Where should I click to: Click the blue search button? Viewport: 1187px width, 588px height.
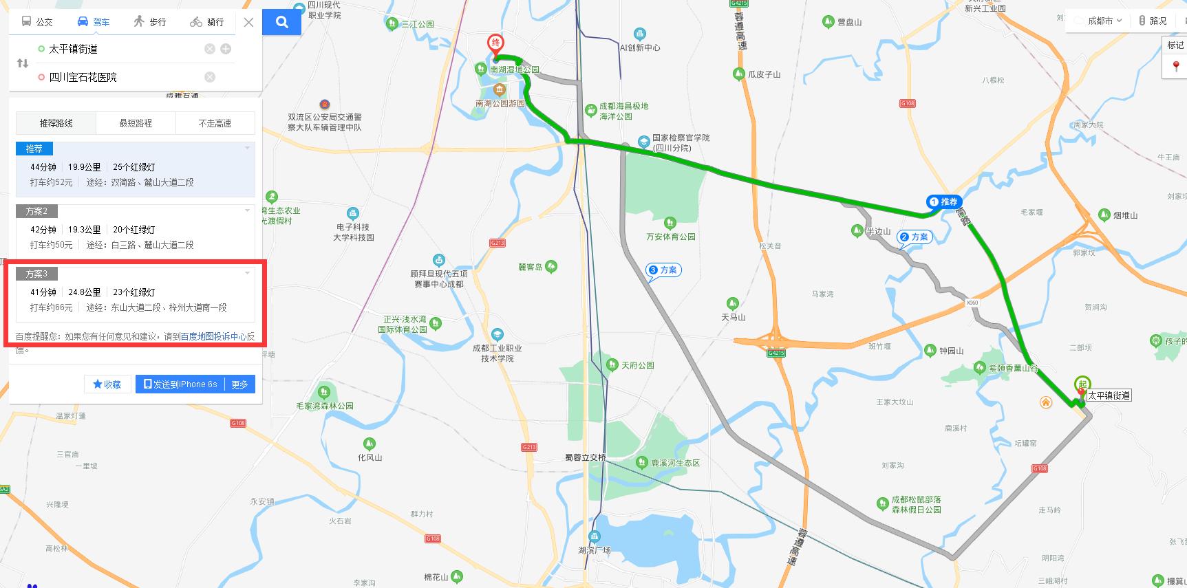pyautogui.click(x=281, y=22)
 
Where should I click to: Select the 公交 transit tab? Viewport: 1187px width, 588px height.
pyautogui.click(x=37, y=22)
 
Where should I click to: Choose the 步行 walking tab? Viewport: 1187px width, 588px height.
pyautogui.click(x=150, y=22)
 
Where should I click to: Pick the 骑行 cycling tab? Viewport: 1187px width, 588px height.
pyautogui.click(x=207, y=22)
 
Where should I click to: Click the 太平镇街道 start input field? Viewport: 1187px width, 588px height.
pyautogui.click(x=117, y=49)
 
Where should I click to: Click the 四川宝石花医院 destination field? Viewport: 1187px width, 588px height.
pyautogui.click(x=117, y=77)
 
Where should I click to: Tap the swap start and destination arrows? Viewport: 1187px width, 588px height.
pyautogui.click(x=23, y=63)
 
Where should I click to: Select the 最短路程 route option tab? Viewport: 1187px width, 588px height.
pyautogui.click(x=136, y=123)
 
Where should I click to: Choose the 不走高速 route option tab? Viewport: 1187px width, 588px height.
pyautogui.click(x=215, y=123)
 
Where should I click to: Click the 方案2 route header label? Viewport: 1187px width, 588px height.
pyautogui.click(x=36, y=211)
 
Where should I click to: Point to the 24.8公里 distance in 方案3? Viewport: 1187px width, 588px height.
pyautogui.click(x=85, y=292)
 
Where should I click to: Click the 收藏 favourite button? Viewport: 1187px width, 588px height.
pyautogui.click(x=107, y=384)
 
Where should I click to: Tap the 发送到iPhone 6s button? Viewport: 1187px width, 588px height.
pyautogui.click(x=181, y=384)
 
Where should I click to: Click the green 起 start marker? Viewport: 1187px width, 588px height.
pyautogui.click(x=1082, y=385)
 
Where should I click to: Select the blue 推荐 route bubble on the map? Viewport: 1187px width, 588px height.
pyautogui.click(x=943, y=202)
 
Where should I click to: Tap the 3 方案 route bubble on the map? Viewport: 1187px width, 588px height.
pyautogui.click(x=663, y=270)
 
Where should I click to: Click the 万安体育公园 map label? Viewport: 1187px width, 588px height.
pyautogui.click(x=671, y=237)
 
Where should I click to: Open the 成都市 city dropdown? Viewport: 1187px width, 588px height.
pyautogui.click(x=1104, y=21)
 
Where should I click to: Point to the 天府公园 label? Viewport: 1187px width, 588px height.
pyautogui.click(x=637, y=365)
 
